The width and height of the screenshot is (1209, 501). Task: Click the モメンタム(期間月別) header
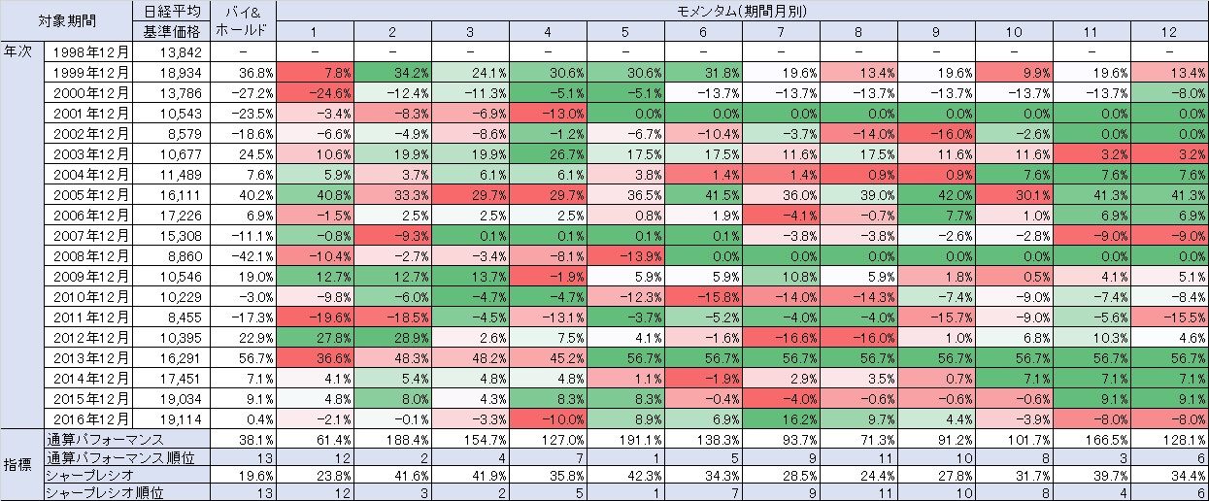[742, 12]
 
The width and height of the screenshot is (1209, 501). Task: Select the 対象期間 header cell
[66, 20]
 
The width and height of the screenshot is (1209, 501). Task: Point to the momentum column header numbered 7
[781, 31]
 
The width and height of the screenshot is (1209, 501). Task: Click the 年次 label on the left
[19, 50]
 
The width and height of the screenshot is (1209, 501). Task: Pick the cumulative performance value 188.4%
[392, 438]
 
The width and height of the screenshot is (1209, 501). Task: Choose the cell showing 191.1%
[625, 438]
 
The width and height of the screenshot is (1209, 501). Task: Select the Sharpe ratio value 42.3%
[625, 475]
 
